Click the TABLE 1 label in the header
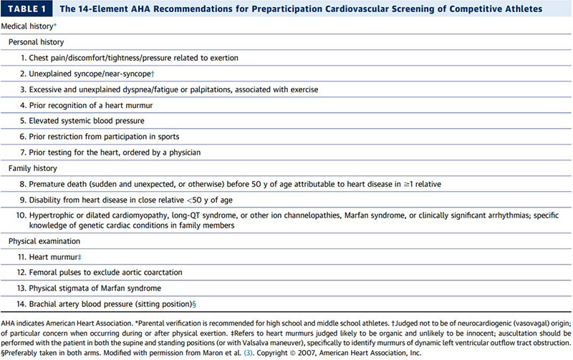[29, 9]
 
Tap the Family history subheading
[35, 167]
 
